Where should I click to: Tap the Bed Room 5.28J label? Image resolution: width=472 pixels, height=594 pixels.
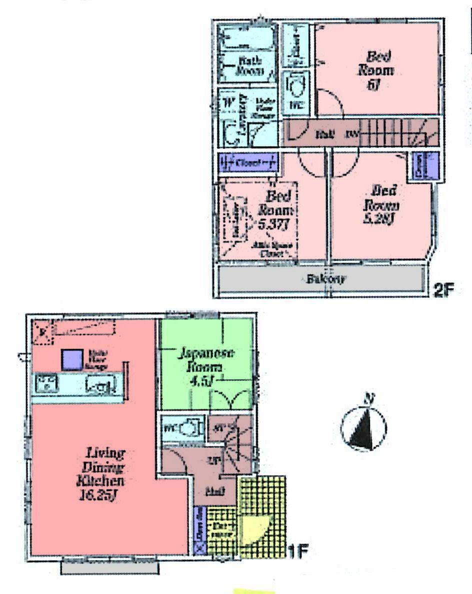pos(382,205)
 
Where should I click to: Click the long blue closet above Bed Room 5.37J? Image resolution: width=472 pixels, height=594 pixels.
pos(248,163)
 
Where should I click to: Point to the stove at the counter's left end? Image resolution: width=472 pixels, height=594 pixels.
pos(45,384)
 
